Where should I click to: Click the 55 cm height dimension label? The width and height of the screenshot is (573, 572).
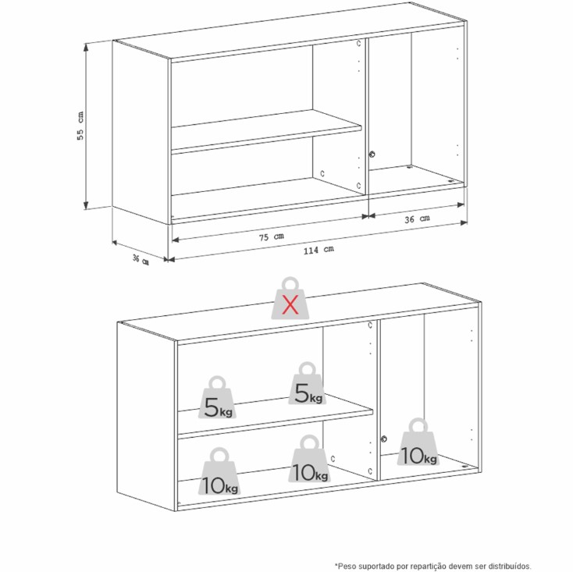80,126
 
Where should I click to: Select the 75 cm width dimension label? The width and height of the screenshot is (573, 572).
272,236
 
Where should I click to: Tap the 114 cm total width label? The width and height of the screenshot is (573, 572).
319,250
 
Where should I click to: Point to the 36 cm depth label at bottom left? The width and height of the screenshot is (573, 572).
141,260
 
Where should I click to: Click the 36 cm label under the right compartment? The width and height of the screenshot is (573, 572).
417,218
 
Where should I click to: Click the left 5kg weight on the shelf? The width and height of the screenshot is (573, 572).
217,397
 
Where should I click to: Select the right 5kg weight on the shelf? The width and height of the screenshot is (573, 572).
307,383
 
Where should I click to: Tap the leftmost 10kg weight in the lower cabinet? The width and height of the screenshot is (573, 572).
219,471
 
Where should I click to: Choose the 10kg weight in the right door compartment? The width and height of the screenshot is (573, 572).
418,442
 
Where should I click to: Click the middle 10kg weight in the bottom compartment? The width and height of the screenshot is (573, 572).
309,458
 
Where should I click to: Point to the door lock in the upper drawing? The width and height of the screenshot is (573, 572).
372,155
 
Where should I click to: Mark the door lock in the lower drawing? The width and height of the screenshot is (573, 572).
384,439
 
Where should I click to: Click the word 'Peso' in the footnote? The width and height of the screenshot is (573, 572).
347,567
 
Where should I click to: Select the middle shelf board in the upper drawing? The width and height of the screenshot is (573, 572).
266,130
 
